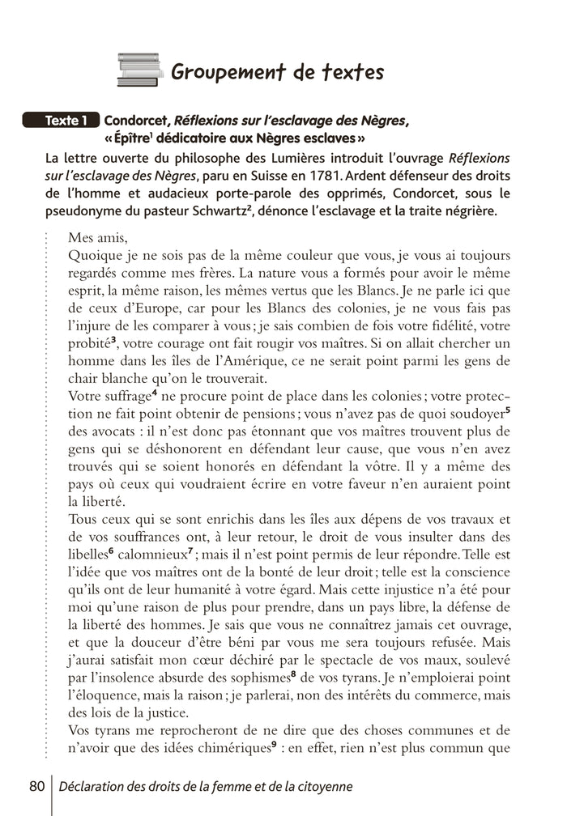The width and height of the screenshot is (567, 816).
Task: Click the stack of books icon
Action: (140, 70)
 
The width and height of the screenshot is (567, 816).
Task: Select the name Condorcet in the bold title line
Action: (139, 121)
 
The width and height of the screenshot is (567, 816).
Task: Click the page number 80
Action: (36, 786)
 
